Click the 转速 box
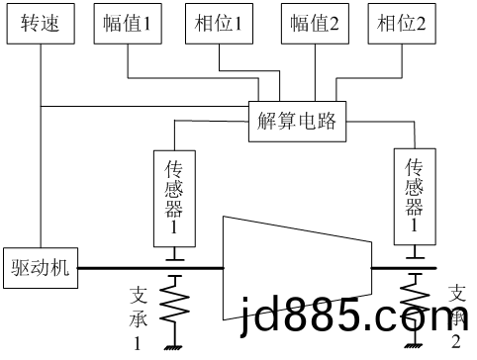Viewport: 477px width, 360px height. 40,25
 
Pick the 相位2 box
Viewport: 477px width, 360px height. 401,25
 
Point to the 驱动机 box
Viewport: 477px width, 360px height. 40,267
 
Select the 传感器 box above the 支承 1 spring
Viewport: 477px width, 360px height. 174,197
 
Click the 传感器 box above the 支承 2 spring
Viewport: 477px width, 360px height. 415,196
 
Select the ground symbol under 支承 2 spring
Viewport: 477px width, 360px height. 415,345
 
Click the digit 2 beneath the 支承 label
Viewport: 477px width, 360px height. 455,341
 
